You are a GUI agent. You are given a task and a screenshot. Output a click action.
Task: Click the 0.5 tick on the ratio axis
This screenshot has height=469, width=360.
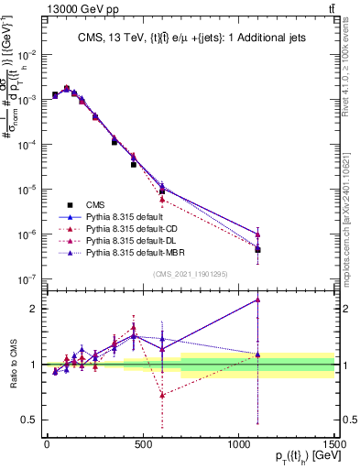[30, 420]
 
